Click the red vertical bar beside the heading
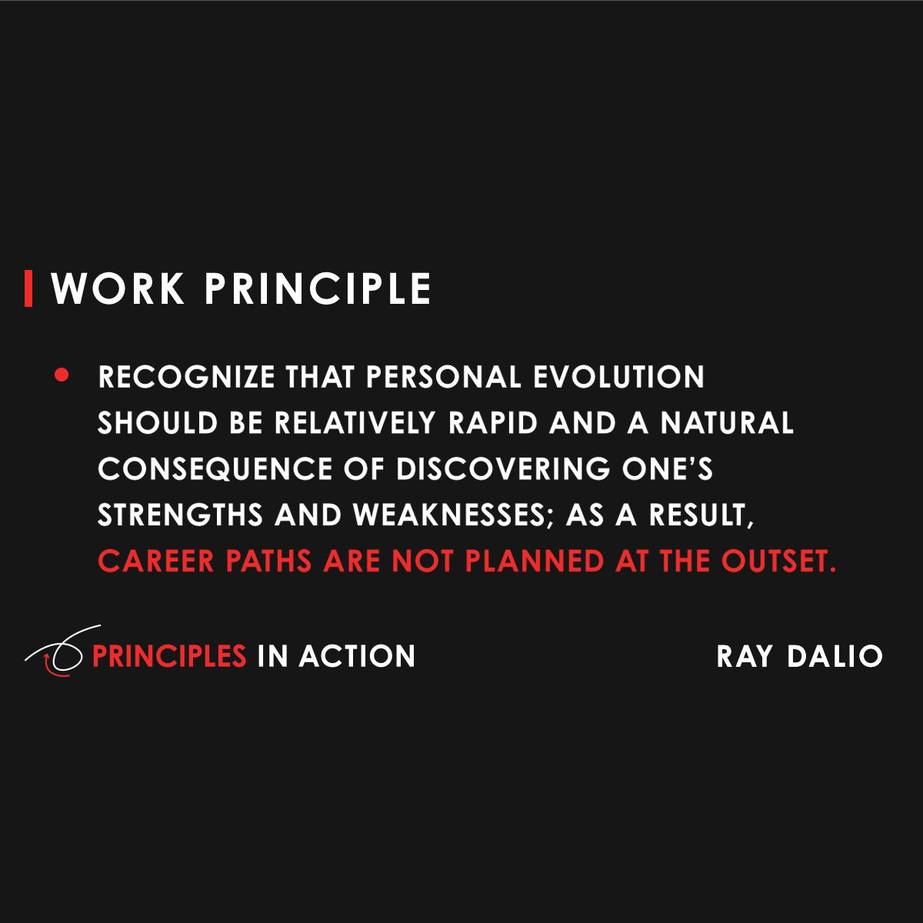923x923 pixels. point(28,288)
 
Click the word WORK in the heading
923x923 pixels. point(118,289)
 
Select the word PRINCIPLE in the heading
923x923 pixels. point(318,289)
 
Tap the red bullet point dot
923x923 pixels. point(62,376)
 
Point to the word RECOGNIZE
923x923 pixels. point(186,378)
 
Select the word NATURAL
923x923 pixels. point(727,423)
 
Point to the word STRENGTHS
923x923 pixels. point(180,515)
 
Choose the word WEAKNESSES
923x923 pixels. point(449,515)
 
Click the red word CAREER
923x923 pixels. point(156,561)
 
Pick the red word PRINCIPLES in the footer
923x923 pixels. point(169,656)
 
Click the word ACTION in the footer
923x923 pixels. point(357,656)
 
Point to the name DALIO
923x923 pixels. point(835,656)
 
